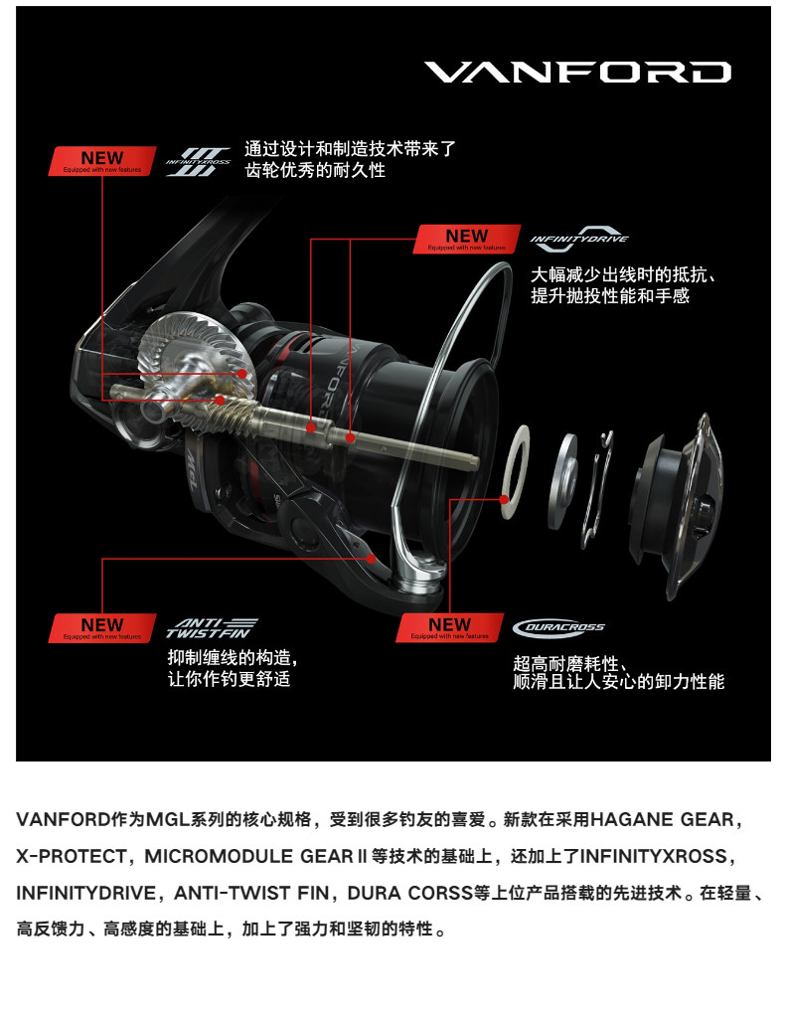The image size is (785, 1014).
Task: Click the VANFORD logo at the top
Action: click(x=577, y=73)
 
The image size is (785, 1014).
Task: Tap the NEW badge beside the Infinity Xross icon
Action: click(x=102, y=161)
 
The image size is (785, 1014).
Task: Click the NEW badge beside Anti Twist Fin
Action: click(x=102, y=627)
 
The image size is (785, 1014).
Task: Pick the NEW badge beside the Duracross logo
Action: click(x=450, y=627)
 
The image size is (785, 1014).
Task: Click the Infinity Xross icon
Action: click(x=198, y=161)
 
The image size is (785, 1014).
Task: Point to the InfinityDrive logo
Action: click(x=579, y=239)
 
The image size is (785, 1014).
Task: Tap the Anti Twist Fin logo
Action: click(x=211, y=626)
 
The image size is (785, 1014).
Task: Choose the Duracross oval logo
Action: click(x=558, y=627)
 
